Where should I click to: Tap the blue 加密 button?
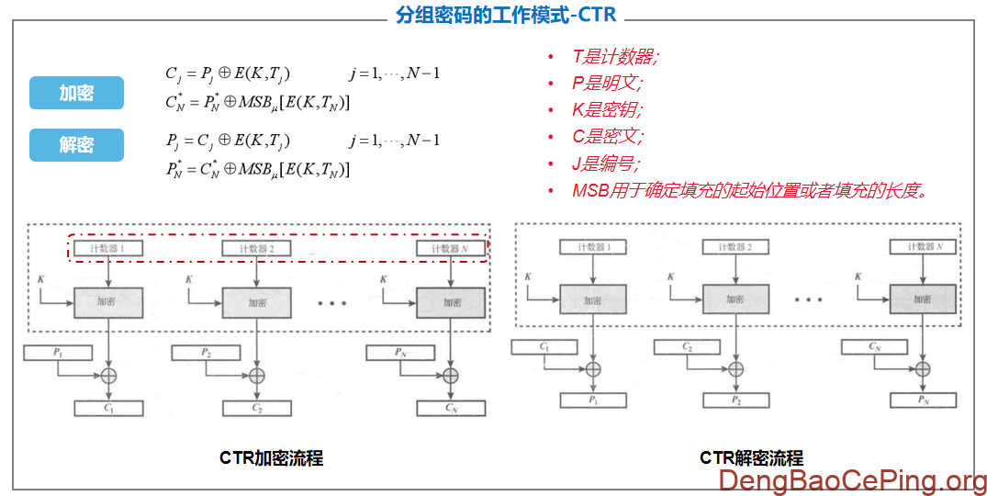[x=76, y=93]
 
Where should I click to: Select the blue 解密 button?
[x=76, y=145]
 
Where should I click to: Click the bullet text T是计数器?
[x=614, y=57]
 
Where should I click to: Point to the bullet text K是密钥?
[x=607, y=110]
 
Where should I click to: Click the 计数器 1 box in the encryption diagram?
[x=109, y=248]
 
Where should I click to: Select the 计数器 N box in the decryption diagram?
[x=923, y=246]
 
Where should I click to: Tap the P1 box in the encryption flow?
[x=58, y=352]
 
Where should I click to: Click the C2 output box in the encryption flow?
[x=257, y=408]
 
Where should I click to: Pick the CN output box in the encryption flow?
[x=450, y=408]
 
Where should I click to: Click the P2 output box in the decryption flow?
[x=735, y=400]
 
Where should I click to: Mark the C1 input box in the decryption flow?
[x=544, y=346]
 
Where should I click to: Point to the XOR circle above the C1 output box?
[x=109, y=375]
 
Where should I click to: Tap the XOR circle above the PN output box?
[x=923, y=368]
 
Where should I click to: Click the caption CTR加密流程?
[x=271, y=457]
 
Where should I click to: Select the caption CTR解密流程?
[x=751, y=457]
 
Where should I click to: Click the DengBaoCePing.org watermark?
[x=852, y=479]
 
